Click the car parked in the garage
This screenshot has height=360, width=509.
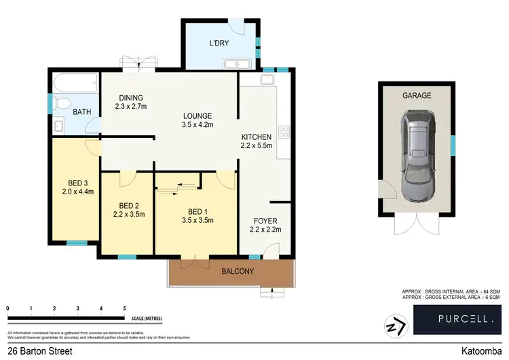pyautogui.click(x=417, y=158)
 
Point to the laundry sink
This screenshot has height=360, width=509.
pyautogui.click(x=237, y=65)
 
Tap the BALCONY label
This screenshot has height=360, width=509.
pyautogui.click(x=238, y=272)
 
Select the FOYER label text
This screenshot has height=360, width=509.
pyautogui.click(x=265, y=221)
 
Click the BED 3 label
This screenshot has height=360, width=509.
pyautogui.click(x=78, y=183)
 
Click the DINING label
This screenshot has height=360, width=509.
pyautogui.click(x=130, y=96)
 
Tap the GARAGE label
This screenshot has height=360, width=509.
pyautogui.click(x=417, y=96)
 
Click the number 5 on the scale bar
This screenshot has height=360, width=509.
pyautogui.click(x=124, y=309)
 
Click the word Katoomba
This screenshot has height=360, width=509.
pyautogui.click(x=480, y=351)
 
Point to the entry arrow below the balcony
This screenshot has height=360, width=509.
pyautogui.click(x=272, y=292)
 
